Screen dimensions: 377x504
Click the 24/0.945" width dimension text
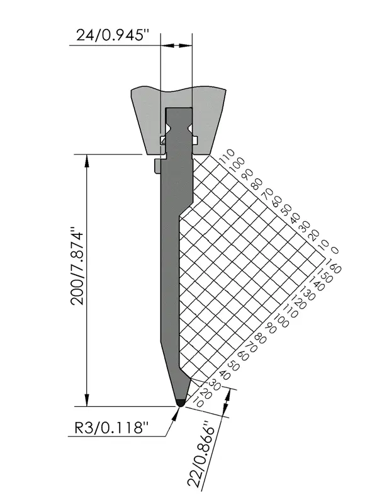coord(113,35)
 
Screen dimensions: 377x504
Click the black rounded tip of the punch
coord(181,403)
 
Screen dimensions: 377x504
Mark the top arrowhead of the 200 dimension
coord(86,161)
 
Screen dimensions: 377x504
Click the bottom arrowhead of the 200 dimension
coord(86,400)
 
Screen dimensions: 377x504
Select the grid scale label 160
coord(333,266)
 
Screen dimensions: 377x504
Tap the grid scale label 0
coord(334,249)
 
